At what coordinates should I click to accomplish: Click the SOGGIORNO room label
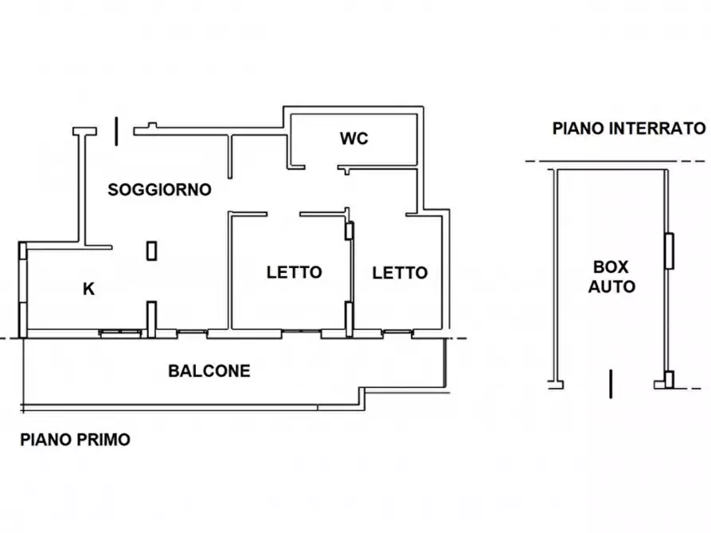point(159,189)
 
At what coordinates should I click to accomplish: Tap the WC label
point(354,138)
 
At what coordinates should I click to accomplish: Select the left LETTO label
point(294,272)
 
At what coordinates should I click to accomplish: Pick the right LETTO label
point(400,272)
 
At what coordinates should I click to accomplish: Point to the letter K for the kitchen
point(89,290)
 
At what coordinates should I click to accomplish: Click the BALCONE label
point(209,371)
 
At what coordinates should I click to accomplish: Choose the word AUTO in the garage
point(611,286)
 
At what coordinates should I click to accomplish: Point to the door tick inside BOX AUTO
point(610,383)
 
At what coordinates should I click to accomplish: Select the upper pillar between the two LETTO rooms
point(349,231)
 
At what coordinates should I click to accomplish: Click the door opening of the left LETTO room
point(283,213)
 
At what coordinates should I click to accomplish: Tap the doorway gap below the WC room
point(322,168)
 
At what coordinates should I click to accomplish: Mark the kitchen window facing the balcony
point(119,333)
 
